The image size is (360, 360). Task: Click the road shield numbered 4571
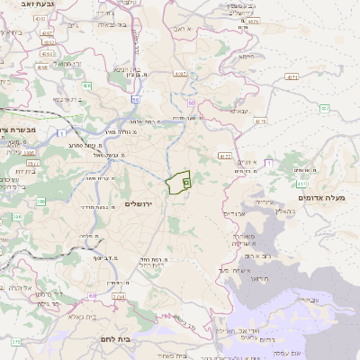click(x=292, y=77)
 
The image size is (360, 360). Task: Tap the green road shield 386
click(x=33, y=162)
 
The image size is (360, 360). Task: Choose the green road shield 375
click(x=16, y=342)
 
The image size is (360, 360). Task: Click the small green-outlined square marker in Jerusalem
click(x=186, y=182)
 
